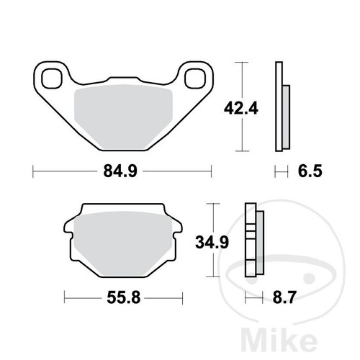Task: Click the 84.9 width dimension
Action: [x=122, y=171]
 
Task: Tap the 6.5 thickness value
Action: [x=305, y=171]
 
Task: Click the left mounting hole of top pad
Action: [x=53, y=76]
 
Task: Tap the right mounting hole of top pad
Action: [x=193, y=76]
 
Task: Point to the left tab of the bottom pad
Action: [x=70, y=232]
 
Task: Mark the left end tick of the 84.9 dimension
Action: [x=34, y=171]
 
